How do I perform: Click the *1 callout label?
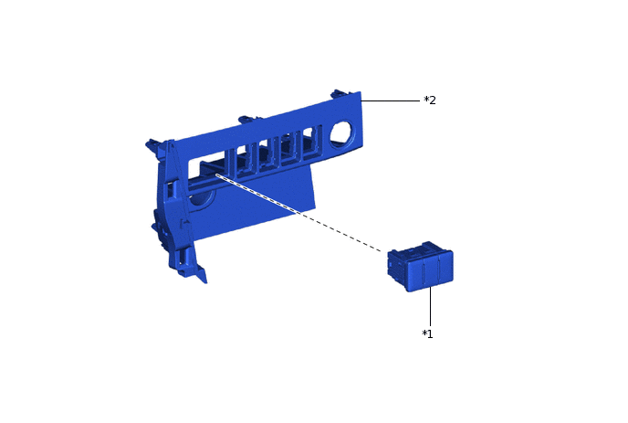[428, 333]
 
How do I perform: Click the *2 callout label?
[430, 100]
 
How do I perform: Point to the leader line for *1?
[431, 306]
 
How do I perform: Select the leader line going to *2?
[391, 100]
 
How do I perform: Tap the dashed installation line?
[298, 213]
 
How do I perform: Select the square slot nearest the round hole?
[312, 143]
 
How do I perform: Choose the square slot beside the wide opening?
[243, 159]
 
